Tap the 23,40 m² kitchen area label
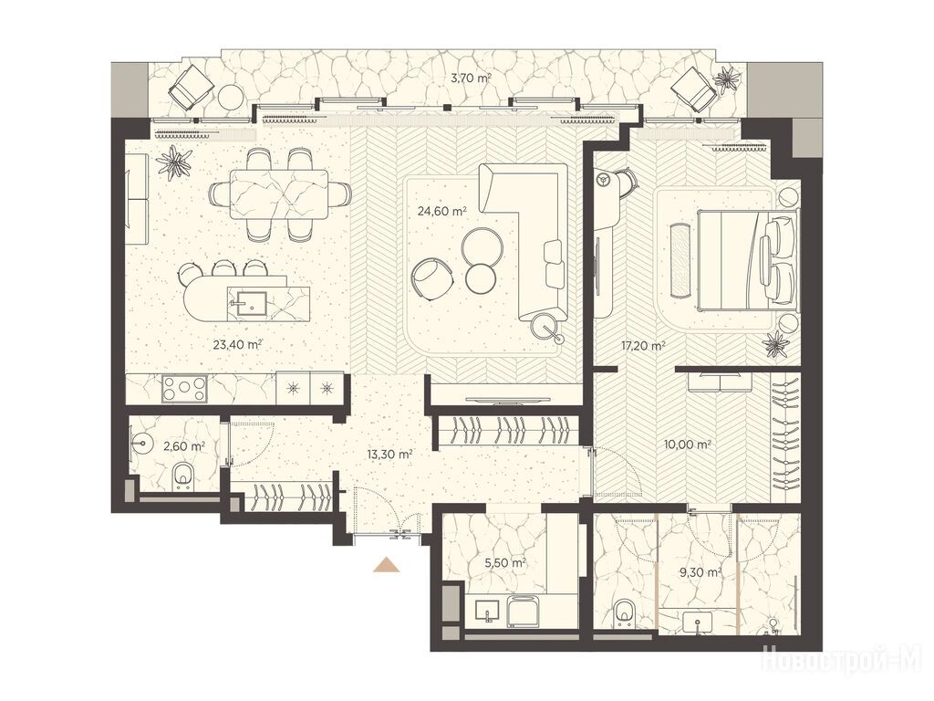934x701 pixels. (238, 343)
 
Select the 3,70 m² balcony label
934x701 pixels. (471, 77)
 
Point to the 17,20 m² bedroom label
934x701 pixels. (641, 345)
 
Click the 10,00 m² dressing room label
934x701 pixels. (688, 445)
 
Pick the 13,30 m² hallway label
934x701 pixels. (389, 455)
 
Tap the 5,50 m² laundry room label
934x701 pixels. (504, 562)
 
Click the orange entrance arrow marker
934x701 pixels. (386, 564)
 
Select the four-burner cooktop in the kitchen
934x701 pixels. (184, 389)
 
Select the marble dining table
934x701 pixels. (279, 194)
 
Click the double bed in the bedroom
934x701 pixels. (747, 260)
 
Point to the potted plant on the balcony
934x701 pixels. (728, 77)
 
